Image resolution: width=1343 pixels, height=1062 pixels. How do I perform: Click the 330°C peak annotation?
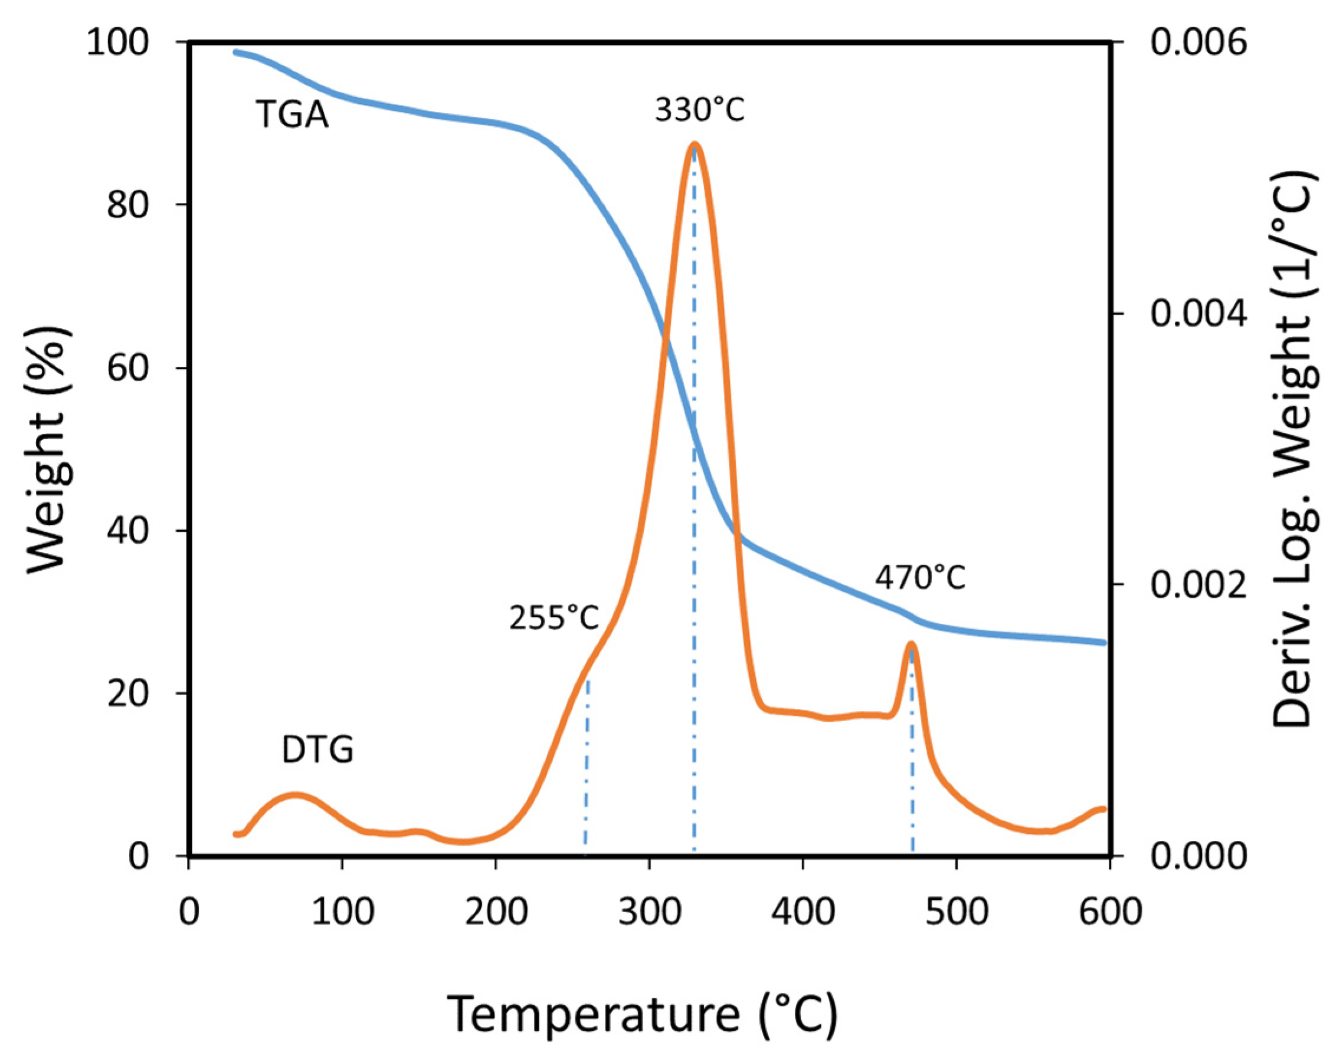click(699, 111)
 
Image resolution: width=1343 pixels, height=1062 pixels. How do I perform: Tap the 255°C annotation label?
click(553, 617)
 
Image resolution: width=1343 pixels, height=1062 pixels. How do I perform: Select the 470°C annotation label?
click(920, 578)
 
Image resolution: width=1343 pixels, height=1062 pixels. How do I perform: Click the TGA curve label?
click(291, 115)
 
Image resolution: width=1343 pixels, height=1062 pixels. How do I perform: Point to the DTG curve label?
click(317, 750)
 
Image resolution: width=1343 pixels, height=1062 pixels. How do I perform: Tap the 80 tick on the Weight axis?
click(129, 205)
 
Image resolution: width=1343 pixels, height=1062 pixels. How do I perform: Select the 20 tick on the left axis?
click(129, 693)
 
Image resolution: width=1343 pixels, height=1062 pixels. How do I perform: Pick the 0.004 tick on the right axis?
click(1198, 313)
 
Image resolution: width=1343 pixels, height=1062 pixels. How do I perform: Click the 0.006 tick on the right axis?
click(1198, 44)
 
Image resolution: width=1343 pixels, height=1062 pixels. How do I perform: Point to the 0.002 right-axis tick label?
click(1198, 584)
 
